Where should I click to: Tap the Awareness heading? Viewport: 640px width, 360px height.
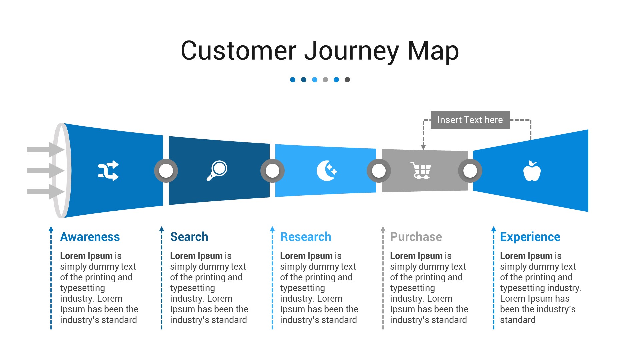(x=90, y=237)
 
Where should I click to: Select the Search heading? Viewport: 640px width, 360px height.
(x=189, y=237)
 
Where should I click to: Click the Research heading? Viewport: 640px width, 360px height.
(x=306, y=237)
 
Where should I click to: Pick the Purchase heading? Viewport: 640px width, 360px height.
(x=416, y=237)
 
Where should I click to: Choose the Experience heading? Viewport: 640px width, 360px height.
(x=530, y=237)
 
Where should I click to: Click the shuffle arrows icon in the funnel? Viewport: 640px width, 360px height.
(x=108, y=171)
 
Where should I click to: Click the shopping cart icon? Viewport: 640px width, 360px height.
(x=421, y=171)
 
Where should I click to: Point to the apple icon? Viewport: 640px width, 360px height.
(x=532, y=171)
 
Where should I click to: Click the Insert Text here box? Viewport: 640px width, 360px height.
(x=470, y=120)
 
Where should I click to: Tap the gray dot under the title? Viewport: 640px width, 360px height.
(x=325, y=80)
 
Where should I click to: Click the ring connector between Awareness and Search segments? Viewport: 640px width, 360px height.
(x=166, y=171)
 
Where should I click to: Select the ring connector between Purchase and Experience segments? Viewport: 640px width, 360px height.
(x=470, y=171)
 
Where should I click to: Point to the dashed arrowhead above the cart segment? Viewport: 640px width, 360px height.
(x=423, y=147)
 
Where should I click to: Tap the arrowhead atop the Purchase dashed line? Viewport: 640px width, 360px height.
(x=383, y=229)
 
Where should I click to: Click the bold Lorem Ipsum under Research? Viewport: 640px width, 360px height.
(x=306, y=256)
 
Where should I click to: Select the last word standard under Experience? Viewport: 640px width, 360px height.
(x=518, y=320)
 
